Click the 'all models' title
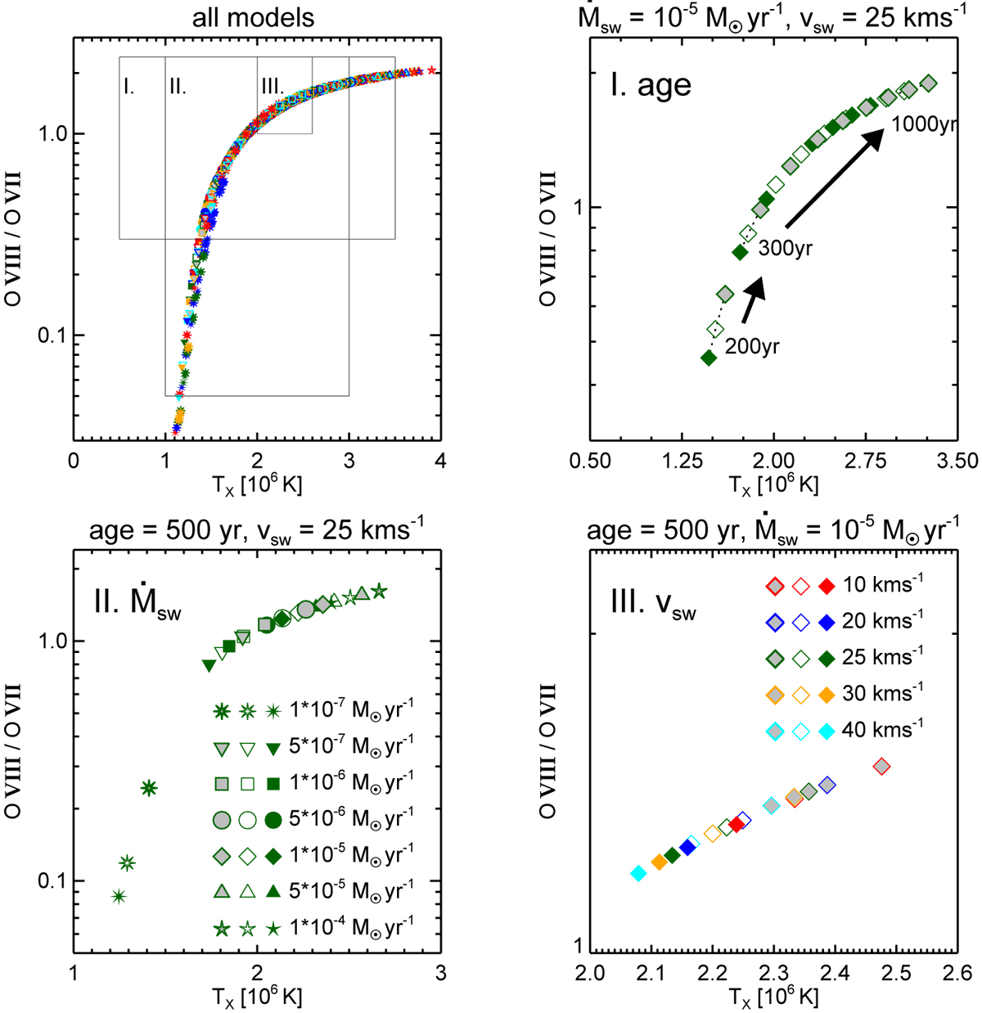coord(253,18)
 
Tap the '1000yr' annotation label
coord(924,124)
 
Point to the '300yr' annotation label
coord(785,248)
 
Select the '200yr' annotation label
coord(752,346)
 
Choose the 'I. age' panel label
coord(651,85)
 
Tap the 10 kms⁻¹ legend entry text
coord(882,585)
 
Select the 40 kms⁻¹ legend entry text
coord(882,729)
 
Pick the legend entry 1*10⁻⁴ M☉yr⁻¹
coord(351,928)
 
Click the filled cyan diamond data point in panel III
coord(638,874)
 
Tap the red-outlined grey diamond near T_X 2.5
coord(881,767)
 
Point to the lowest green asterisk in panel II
coord(119,896)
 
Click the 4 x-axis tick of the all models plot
coord(440,461)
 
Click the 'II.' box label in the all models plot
coord(178,86)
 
